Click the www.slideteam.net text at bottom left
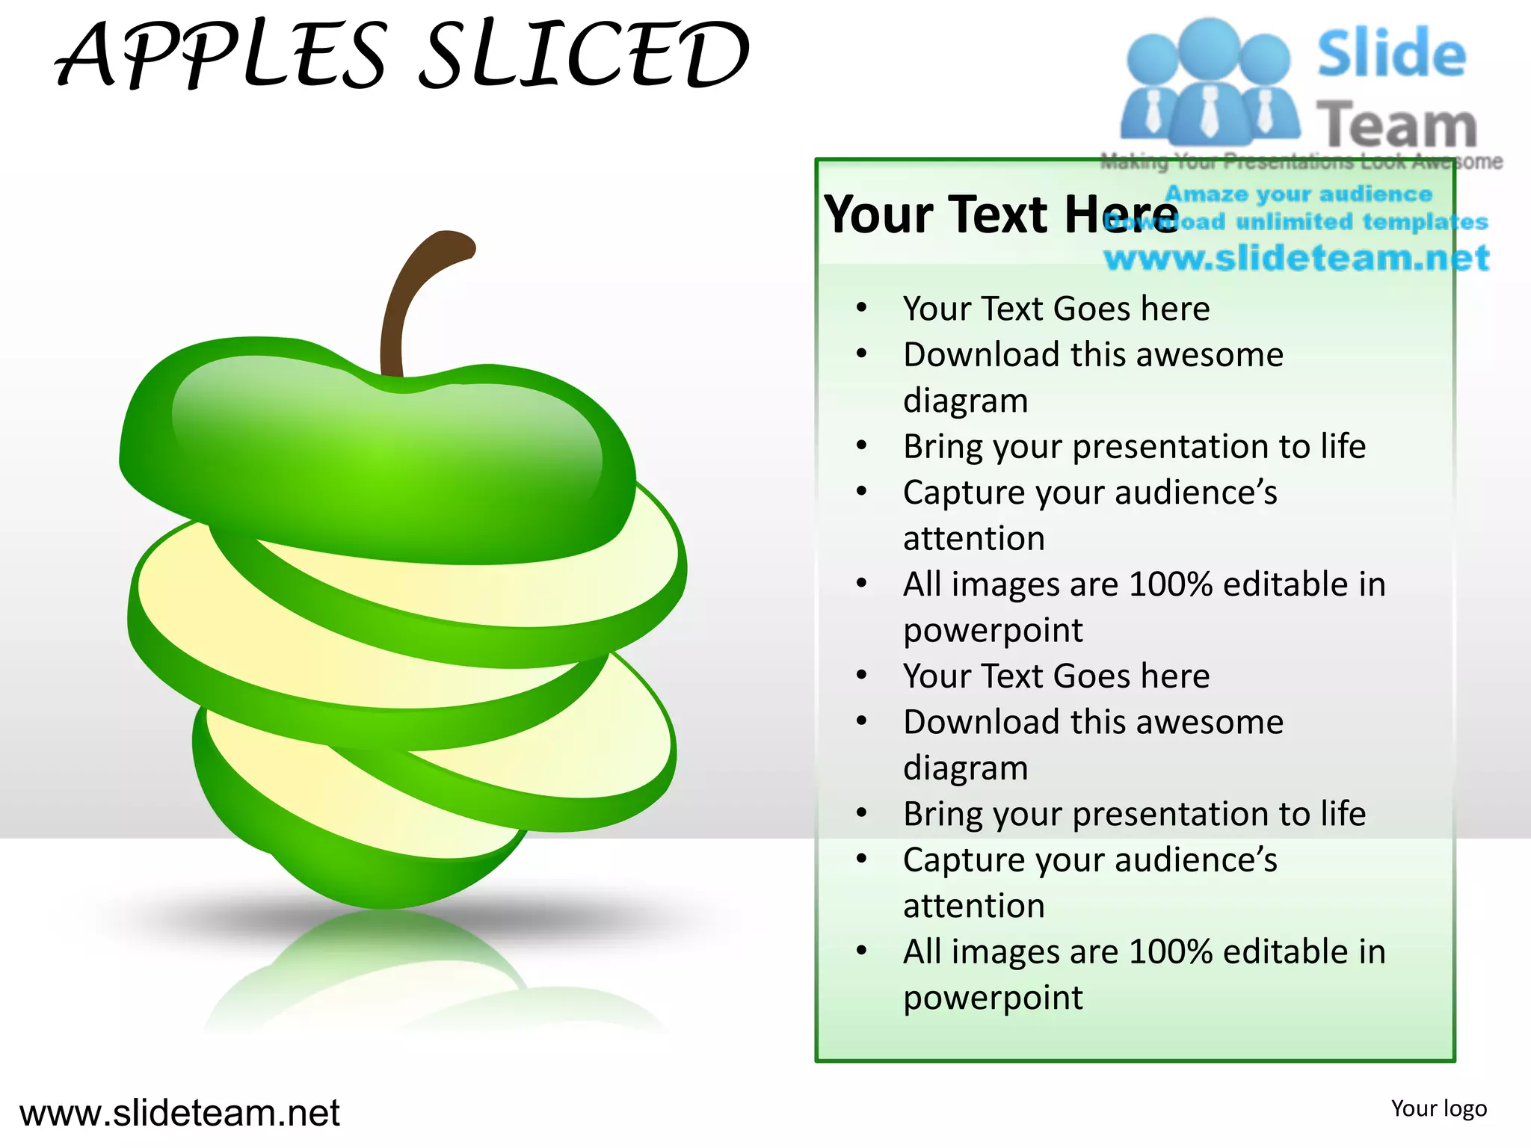(179, 1113)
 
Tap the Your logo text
(1438, 1108)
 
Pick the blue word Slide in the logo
(1391, 54)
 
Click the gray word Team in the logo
(1396, 125)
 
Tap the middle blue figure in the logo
(1209, 82)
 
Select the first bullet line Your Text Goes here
(1056, 309)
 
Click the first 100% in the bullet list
(1171, 584)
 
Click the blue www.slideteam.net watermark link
(1296, 259)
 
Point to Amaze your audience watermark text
(1299, 194)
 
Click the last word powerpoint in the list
(993, 998)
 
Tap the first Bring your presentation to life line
(1134, 447)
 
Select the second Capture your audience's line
(1090, 860)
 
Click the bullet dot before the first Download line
(862, 354)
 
